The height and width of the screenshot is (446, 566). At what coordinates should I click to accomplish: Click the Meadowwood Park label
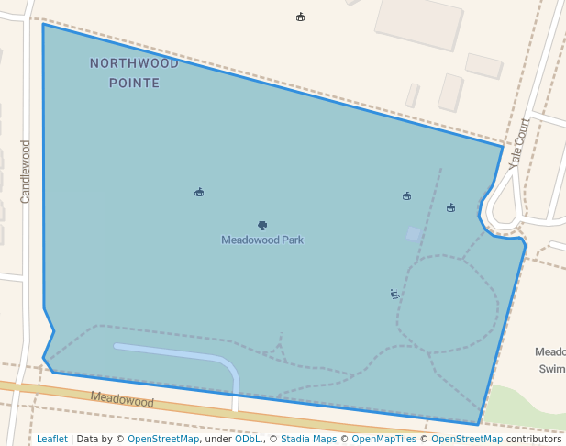click(261, 240)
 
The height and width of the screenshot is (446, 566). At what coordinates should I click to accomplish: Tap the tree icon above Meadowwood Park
click(262, 225)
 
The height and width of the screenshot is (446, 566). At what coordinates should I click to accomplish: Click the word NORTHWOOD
click(134, 63)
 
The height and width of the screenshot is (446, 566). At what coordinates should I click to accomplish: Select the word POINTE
click(134, 83)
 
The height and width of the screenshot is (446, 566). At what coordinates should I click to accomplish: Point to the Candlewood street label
click(26, 171)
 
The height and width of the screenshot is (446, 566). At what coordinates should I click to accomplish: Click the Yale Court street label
click(519, 141)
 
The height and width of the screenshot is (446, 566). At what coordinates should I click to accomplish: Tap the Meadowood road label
click(122, 400)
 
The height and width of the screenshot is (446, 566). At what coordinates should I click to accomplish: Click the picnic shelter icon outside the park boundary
click(300, 17)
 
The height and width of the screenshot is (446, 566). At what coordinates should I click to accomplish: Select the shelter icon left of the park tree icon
click(199, 192)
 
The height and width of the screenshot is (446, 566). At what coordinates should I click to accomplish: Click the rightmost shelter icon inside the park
click(450, 207)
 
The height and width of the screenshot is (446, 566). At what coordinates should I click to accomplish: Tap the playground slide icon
click(394, 295)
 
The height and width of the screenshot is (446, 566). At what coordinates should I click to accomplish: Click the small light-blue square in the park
click(414, 234)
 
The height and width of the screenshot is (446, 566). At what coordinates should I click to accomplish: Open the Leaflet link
click(51, 439)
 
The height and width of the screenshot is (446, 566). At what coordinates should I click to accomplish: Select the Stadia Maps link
click(308, 439)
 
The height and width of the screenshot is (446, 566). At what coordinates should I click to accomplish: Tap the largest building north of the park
click(419, 23)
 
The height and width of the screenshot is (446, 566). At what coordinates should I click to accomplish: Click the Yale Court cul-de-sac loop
click(504, 210)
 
